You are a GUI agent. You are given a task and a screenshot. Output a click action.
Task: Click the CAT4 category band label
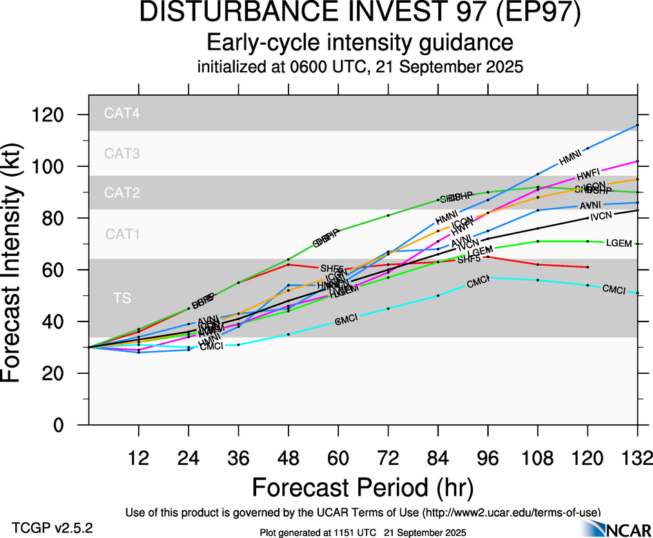pos(122,114)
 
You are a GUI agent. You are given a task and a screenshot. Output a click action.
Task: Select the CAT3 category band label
pos(122,153)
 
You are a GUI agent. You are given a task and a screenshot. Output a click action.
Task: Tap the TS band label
pos(122,298)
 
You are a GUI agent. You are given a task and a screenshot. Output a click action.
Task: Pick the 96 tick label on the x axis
pos(488,457)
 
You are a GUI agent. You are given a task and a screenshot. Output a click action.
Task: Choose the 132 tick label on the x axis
pos(637,457)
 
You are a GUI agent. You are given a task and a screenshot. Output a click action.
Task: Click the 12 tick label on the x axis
pos(139,457)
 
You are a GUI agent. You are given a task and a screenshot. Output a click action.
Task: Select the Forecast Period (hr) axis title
pos(362,488)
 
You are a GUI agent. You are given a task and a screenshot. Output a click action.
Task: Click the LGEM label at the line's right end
pos(617,243)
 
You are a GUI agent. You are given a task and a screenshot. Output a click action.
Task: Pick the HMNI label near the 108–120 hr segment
pos(570,159)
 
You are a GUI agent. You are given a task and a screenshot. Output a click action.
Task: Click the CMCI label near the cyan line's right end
pos(614,290)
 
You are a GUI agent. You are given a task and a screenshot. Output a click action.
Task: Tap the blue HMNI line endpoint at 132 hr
pos(637,125)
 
